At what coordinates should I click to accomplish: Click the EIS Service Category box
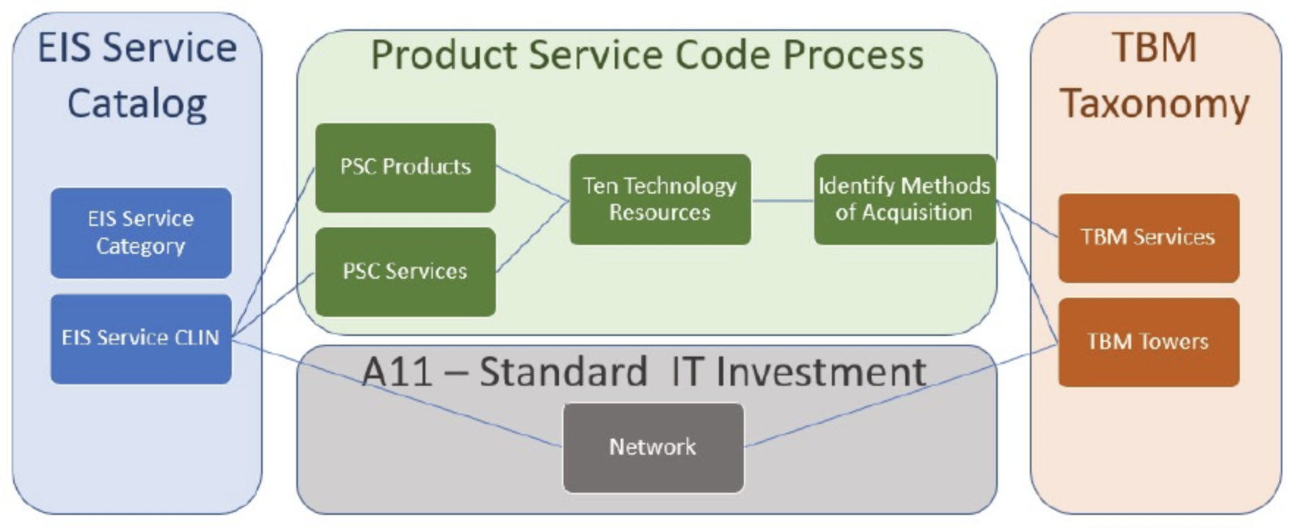point(141,232)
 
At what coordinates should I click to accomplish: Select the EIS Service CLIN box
point(141,339)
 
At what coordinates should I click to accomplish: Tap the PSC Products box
point(406,168)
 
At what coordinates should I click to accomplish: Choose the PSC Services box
point(406,272)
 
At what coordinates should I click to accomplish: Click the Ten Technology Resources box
point(660,199)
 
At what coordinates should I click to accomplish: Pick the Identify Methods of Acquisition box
point(905,199)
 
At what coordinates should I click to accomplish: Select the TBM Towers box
point(1148,342)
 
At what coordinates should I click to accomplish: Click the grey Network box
point(653,447)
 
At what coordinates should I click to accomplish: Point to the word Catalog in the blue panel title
point(137,103)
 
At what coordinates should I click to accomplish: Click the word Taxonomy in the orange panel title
point(1155,103)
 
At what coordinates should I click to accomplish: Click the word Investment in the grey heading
point(821,371)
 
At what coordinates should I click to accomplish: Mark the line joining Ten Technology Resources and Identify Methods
point(783,200)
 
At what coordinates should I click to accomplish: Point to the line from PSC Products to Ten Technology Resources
point(533,183)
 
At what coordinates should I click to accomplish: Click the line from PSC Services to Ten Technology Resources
point(533,236)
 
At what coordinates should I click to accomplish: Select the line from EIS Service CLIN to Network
point(397,392)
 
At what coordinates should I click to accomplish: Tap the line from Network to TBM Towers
point(901,395)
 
